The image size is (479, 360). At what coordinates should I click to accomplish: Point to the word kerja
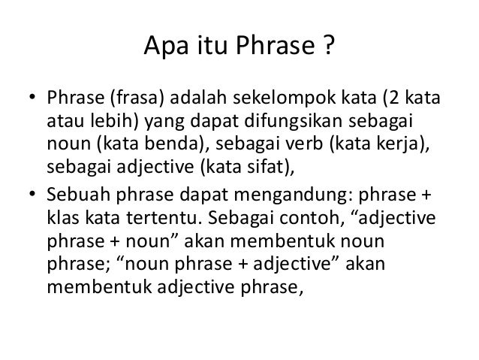click(x=400, y=144)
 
